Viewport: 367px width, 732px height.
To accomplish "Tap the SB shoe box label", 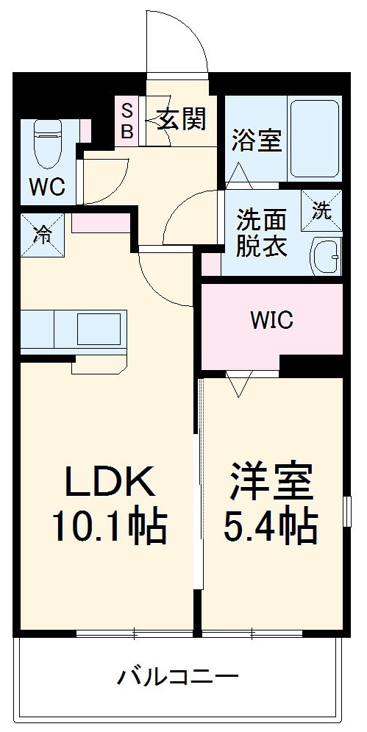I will [x=127, y=121].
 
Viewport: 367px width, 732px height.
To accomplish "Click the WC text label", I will [x=47, y=188].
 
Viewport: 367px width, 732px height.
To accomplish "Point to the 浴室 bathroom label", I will [x=257, y=140].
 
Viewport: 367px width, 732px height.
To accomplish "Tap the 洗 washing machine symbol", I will [x=321, y=210].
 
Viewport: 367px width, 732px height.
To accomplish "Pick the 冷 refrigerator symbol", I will [x=43, y=234].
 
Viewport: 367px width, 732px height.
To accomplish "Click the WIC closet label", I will [x=271, y=320].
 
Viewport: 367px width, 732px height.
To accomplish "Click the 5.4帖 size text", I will [x=271, y=527].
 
